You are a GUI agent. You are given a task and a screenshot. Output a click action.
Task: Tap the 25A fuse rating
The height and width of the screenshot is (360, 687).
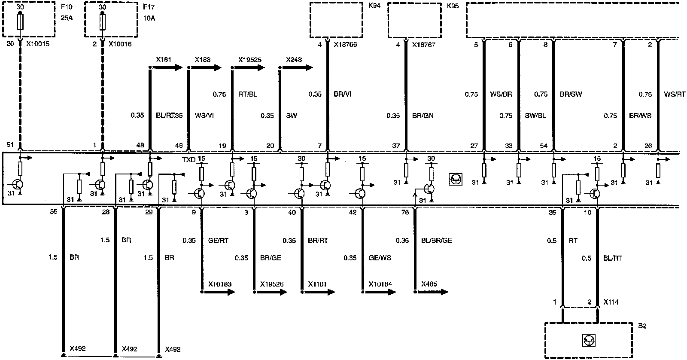point(66,18)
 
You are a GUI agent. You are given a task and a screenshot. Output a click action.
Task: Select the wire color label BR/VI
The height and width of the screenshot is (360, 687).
point(342,95)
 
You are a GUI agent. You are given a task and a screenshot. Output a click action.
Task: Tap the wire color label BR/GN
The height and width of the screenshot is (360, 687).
point(423,116)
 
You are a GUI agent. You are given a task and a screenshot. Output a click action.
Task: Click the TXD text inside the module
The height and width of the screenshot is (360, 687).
point(189,159)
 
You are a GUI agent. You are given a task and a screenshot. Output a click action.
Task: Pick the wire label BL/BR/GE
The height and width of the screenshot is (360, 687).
point(437,241)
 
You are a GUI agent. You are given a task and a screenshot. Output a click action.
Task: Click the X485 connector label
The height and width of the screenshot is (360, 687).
point(429,284)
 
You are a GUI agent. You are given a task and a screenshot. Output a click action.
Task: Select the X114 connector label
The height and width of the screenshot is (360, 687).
point(611,302)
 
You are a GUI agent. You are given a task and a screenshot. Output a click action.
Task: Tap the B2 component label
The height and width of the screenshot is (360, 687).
point(642,326)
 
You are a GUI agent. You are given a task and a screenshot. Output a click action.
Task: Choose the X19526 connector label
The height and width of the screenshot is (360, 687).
point(272,284)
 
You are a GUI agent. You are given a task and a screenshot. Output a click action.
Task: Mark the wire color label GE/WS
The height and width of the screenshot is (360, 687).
point(380,258)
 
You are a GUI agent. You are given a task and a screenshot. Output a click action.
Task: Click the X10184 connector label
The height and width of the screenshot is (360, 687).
point(380,284)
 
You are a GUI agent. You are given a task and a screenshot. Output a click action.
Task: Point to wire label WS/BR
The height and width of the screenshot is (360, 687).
point(501,95)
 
